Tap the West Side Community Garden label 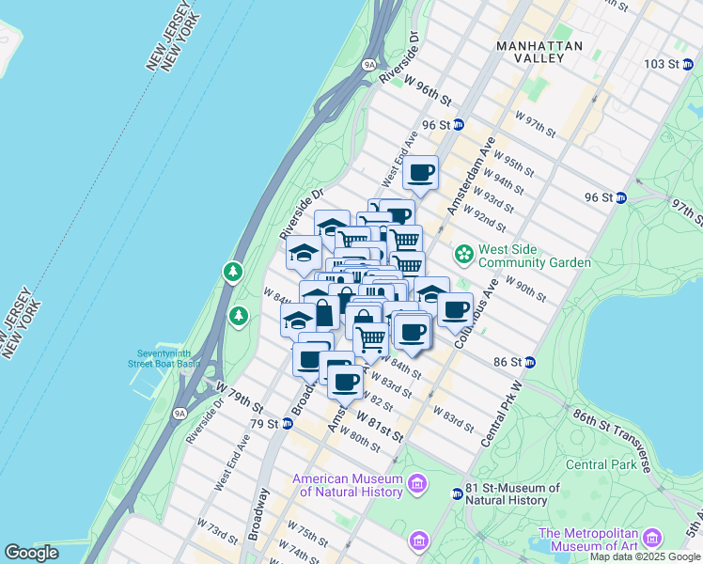point(534,256)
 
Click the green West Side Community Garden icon point(464,254)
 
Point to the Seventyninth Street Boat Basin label point(164,358)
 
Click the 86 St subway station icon point(530,362)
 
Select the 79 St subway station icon point(286,424)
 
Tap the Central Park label point(601,464)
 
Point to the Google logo point(31,553)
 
